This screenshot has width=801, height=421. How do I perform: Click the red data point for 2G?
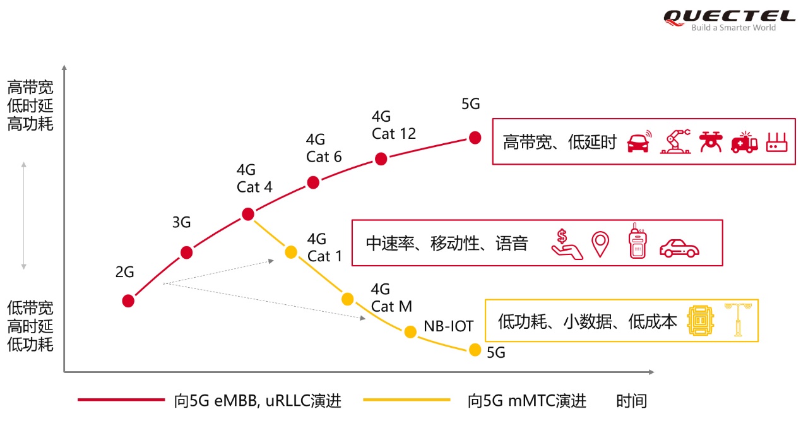pyautogui.click(x=128, y=300)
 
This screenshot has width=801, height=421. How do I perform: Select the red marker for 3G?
pyautogui.click(x=186, y=252)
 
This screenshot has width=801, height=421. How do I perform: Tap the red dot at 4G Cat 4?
pyautogui.click(x=248, y=214)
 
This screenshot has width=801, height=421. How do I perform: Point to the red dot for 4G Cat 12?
pyautogui.click(x=381, y=158)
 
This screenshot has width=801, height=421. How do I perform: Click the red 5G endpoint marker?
pyautogui.click(x=475, y=138)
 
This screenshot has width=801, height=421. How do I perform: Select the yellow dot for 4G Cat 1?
pyautogui.click(x=290, y=252)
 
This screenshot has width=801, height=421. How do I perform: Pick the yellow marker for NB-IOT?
pyautogui.click(x=410, y=332)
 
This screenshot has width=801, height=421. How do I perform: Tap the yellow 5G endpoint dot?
pyautogui.click(x=475, y=350)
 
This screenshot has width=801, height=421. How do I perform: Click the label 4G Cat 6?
pyautogui.click(x=324, y=148)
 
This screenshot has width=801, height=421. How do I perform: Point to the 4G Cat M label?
pyautogui.click(x=391, y=298)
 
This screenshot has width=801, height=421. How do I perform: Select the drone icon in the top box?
pyautogui.click(x=710, y=142)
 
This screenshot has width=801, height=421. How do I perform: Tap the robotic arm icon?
pyautogui.click(x=675, y=142)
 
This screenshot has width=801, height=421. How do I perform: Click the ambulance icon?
pyautogui.click(x=744, y=143)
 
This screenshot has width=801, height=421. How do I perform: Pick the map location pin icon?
pyautogui.click(x=600, y=244)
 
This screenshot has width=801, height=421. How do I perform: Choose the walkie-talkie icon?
pyautogui.click(x=638, y=241)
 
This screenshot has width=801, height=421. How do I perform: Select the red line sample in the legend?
pyautogui.click(x=121, y=400)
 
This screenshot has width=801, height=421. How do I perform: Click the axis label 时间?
pyautogui.click(x=632, y=400)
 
